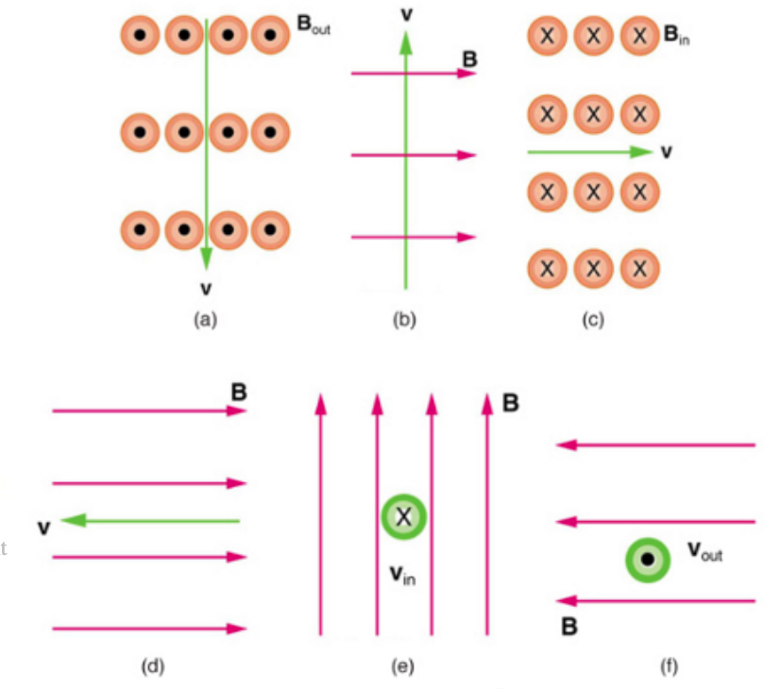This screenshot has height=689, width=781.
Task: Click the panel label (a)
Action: tap(205, 320)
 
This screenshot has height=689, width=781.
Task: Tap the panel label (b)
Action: tap(403, 320)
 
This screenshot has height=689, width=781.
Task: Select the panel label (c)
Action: tap(592, 320)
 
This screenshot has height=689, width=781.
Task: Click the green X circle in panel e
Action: tap(403, 516)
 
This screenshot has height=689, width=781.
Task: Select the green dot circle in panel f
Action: tap(648, 560)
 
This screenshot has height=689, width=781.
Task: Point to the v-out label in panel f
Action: tap(705, 552)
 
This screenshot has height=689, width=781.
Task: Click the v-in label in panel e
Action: tap(401, 574)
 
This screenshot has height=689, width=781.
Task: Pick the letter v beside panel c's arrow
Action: tap(667, 151)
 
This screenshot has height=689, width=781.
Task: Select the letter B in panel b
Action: tap(469, 59)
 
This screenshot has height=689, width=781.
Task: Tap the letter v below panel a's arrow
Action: tap(206, 287)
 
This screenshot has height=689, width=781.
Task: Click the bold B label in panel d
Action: tap(239, 391)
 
